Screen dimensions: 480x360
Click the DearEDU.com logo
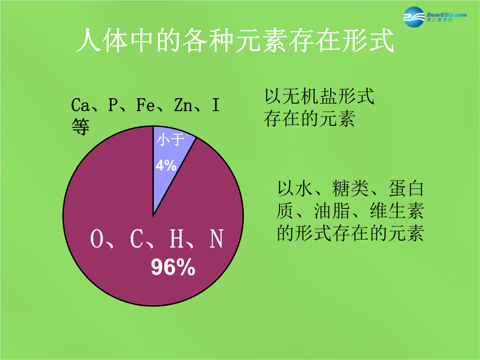(435, 16)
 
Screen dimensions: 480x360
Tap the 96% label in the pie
(173, 267)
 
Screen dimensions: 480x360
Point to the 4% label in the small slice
(166, 165)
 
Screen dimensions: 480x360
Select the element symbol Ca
(80, 105)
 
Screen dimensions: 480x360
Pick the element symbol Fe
(145, 105)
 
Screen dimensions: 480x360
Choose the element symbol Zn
(183, 105)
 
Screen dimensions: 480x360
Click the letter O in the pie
(97, 239)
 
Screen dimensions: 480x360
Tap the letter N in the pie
(216, 239)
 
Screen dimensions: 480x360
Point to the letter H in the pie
(176, 239)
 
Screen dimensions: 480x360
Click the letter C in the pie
(136, 239)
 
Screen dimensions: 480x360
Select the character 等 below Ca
(80, 126)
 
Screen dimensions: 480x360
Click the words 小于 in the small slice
(171, 140)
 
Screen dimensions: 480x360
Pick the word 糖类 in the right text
(350, 188)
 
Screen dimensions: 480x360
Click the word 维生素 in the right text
(397, 211)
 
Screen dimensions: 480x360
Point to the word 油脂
(332, 211)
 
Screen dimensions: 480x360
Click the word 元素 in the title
(262, 40)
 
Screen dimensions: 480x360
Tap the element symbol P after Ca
(113, 105)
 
